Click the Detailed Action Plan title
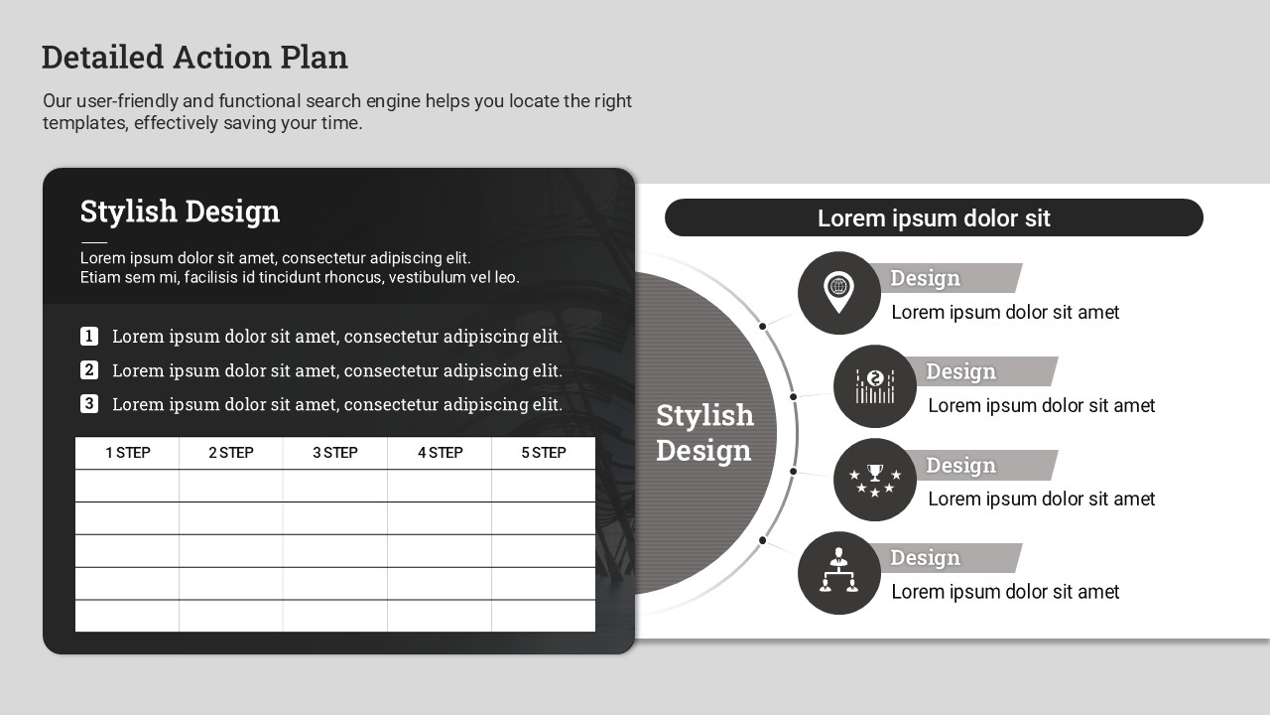pyautogui.click(x=194, y=58)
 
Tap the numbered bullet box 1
pyautogui.click(x=89, y=336)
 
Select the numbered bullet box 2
pyautogui.click(x=89, y=370)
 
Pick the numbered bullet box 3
pyautogui.click(x=89, y=404)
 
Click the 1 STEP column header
pyautogui.click(x=128, y=453)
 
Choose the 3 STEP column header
pyautogui.click(x=335, y=453)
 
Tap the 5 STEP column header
pyautogui.click(x=544, y=453)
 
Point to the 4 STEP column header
pyautogui.click(x=440, y=453)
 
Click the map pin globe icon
pyautogui.click(x=838, y=292)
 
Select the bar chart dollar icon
pyautogui.click(x=875, y=386)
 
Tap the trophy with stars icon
pyautogui.click(x=875, y=480)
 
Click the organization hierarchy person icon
pyautogui.click(x=838, y=570)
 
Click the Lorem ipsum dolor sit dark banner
pyautogui.click(x=934, y=217)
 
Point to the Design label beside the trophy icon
pyautogui.click(x=961, y=466)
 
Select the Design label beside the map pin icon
pyautogui.click(x=926, y=278)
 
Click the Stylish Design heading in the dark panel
pyautogui.click(x=180, y=212)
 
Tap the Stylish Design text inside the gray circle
pyautogui.click(x=704, y=433)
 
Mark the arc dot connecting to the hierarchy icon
pyautogui.click(x=763, y=540)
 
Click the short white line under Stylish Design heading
pyautogui.click(x=93, y=242)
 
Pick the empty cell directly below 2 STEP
pyautogui.click(x=231, y=486)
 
